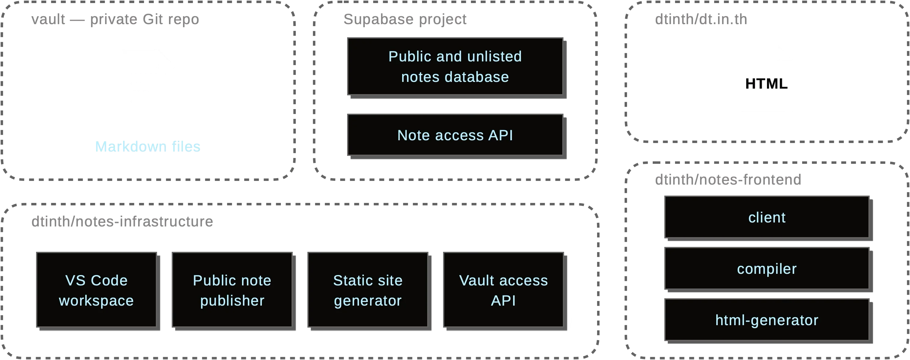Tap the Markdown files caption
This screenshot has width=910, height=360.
click(148, 146)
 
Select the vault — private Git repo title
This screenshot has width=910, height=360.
click(115, 19)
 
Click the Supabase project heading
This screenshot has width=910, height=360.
click(405, 19)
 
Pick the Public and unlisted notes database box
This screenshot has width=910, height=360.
click(455, 66)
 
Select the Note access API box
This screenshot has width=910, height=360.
click(455, 135)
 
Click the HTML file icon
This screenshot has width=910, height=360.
click(767, 79)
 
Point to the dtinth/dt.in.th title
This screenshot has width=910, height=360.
click(701, 19)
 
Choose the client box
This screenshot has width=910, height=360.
click(767, 217)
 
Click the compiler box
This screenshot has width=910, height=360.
click(767, 269)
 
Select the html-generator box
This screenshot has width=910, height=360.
click(767, 320)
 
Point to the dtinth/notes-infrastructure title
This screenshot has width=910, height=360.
click(122, 222)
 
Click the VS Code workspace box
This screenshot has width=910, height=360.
click(96, 290)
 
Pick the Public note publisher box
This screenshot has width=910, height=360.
click(232, 290)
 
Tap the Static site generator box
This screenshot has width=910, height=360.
click(367, 290)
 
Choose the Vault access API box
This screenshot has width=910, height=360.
click(503, 290)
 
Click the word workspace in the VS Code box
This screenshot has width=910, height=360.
click(96, 301)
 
